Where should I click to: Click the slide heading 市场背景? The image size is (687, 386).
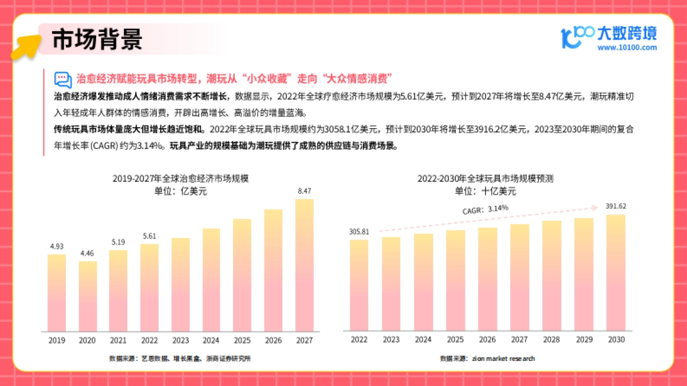tap(97, 40)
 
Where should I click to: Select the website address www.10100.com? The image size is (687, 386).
tap(627, 48)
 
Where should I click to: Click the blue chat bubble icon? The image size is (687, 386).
tap(62, 79)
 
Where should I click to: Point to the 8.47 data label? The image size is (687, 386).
tap(304, 190)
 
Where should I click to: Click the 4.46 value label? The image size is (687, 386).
tap(88, 253)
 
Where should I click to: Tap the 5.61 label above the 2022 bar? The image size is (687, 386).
tap(149, 236)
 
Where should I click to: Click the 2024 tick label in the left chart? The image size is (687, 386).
tap(211, 340)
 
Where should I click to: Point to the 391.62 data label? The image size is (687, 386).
tap(615, 206)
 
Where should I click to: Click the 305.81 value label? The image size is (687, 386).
tap(359, 232)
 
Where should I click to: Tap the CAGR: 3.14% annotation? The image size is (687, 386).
tap(485, 209)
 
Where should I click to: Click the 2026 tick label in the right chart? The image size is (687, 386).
tap(487, 340)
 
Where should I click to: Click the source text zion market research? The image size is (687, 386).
tap(503, 359)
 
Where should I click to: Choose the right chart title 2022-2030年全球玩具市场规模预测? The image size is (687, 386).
tap(485, 179)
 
